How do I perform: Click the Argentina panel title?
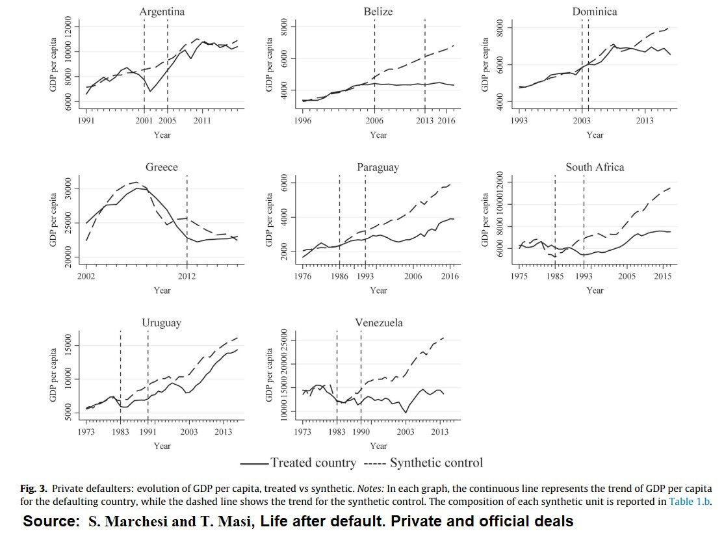[162, 12]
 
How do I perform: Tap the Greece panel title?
[162, 167]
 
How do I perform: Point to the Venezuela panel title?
[378, 323]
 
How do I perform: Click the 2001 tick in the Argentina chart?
[144, 121]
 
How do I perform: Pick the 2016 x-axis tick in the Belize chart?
[448, 121]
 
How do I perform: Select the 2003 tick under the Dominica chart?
[582, 121]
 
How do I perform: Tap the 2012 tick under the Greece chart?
[187, 276]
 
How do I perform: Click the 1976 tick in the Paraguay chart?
[304, 276]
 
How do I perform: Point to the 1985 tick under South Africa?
[555, 276]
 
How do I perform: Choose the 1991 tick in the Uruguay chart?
[148, 431]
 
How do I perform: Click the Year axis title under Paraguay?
[378, 290]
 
